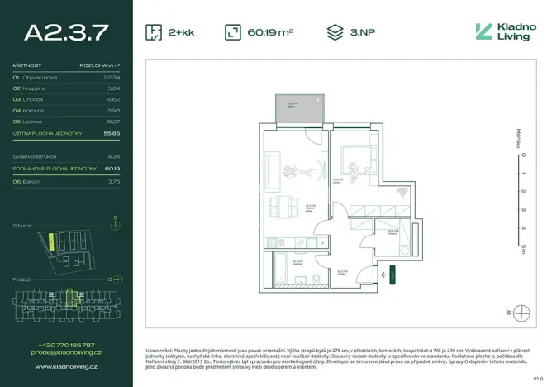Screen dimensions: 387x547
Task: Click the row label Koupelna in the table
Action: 36,88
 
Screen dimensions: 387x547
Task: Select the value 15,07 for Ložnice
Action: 112,121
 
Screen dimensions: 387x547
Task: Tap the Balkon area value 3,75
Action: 114,180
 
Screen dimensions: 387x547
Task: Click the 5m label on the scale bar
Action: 521,246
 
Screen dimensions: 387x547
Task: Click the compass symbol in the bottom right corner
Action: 521,313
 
